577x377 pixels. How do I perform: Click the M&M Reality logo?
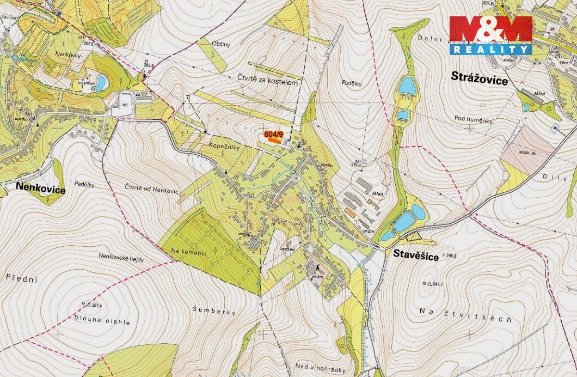(x=490, y=35)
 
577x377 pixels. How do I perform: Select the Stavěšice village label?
(x=413, y=254)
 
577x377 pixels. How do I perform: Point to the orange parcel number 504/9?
(x=274, y=134)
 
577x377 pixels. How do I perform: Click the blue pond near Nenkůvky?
(x=100, y=83)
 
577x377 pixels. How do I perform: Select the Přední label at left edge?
(x=20, y=278)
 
